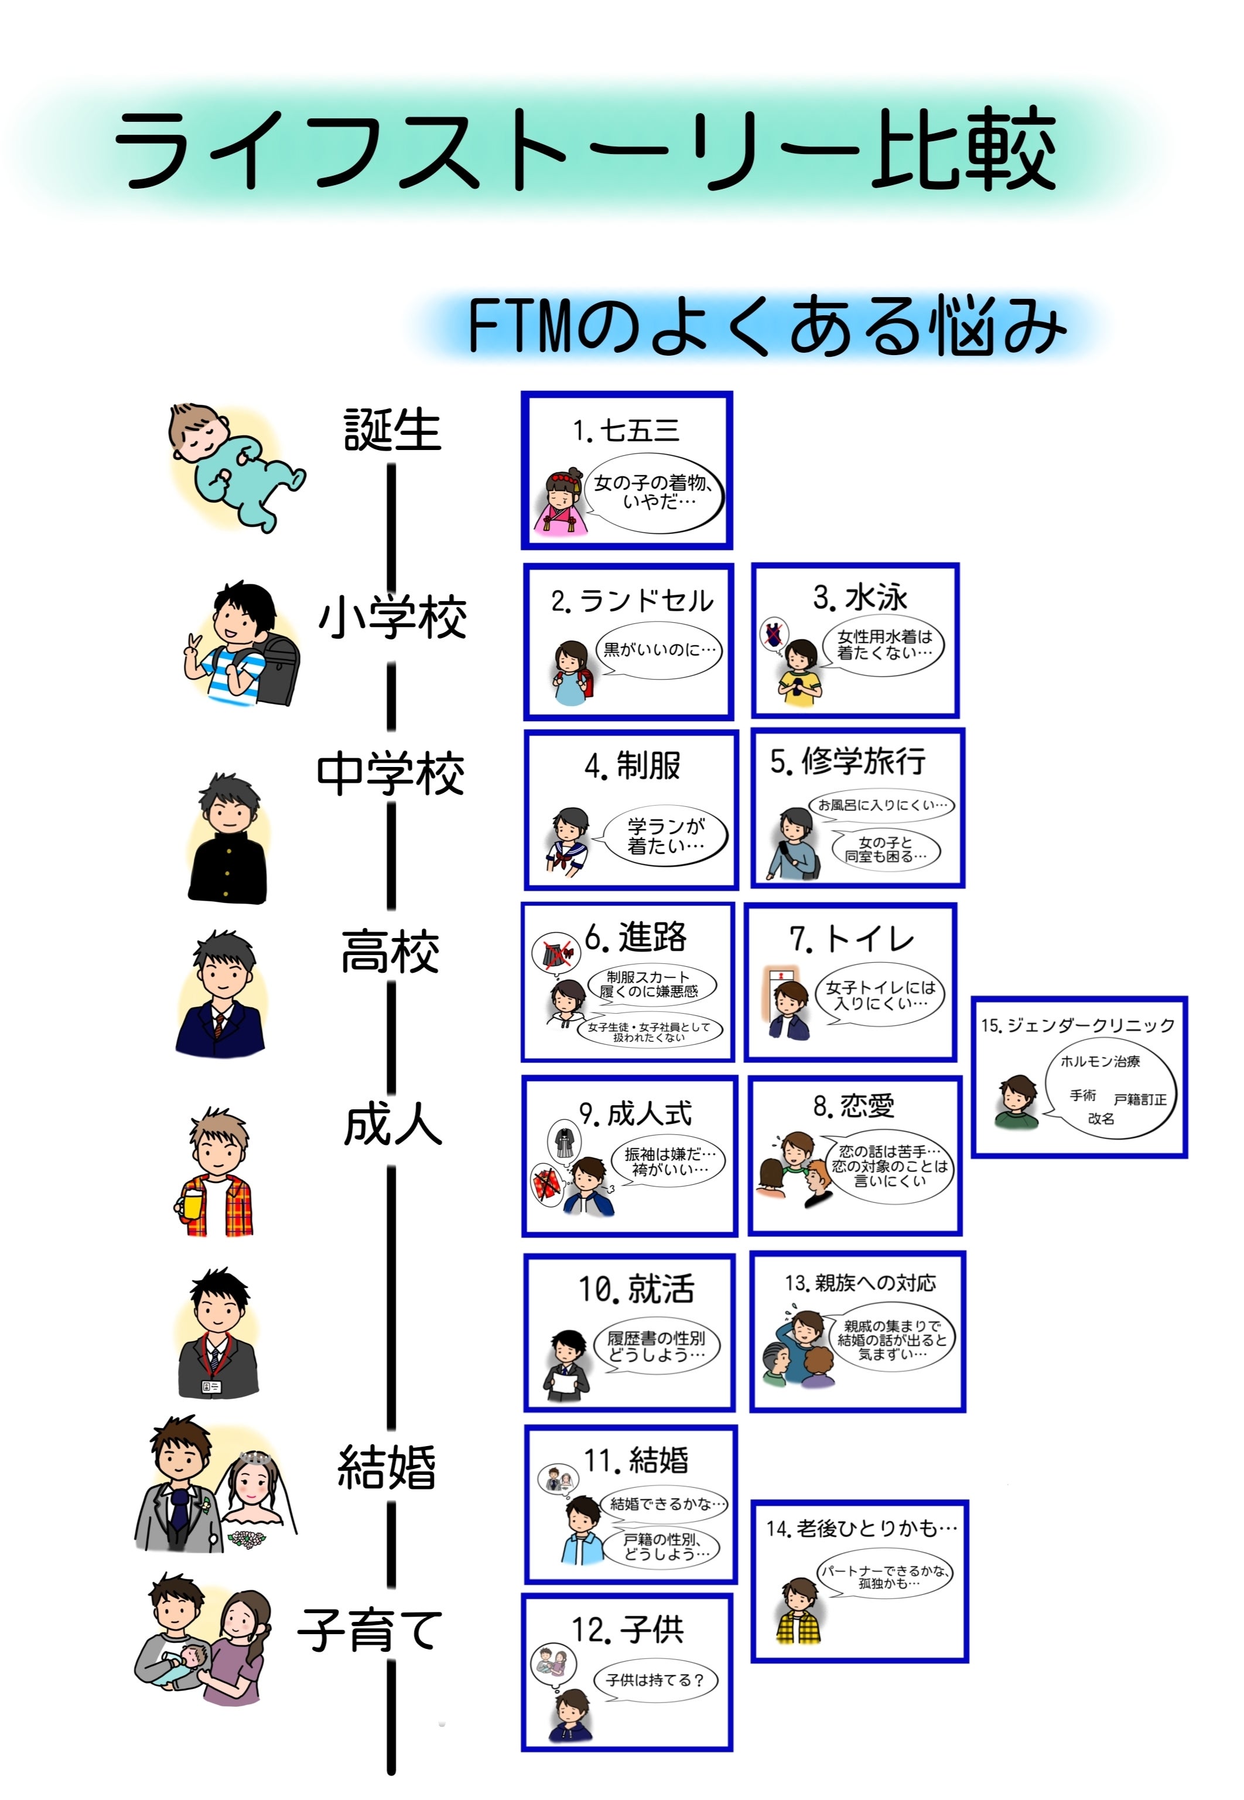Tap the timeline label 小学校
[391, 618]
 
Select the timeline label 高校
[389, 951]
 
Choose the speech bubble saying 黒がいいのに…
[659, 649]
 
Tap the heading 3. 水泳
[860, 597]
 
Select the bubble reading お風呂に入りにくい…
[881, 805]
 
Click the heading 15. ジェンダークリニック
[1078, 1025]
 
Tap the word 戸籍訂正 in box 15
[1140, 1100]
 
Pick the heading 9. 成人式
[635, 1114]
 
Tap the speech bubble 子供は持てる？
[655, 1680]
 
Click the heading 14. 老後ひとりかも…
[860, 1529]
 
